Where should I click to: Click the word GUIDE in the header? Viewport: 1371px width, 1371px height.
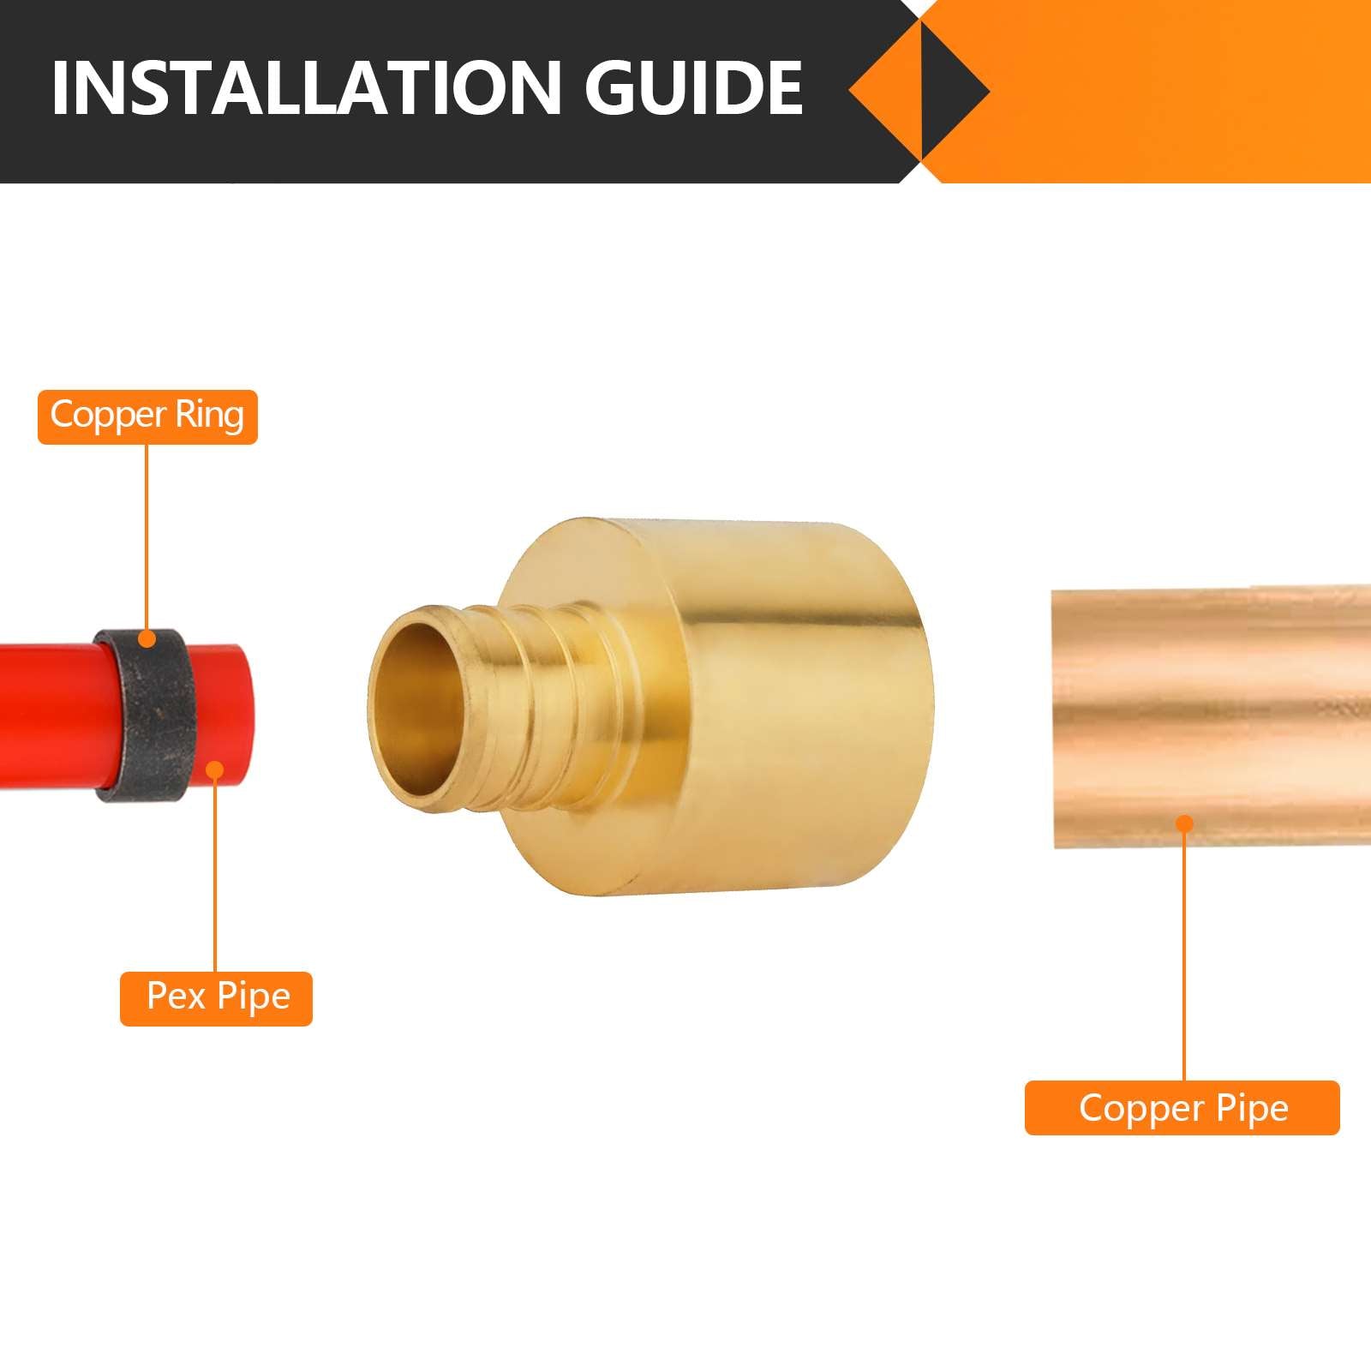click(x=693, y=87)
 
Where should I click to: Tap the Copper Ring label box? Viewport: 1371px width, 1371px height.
click(x=147, y=416)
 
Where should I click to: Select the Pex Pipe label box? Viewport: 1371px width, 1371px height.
click(x=216, y=998)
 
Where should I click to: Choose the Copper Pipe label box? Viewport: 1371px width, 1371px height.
click(x=1182, y=1108)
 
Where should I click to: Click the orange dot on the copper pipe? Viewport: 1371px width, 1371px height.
click(x=1184, y=824)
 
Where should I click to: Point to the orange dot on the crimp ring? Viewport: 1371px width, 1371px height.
click(x=147, y=638)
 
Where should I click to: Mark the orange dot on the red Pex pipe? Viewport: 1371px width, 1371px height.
click(x=216, y=770)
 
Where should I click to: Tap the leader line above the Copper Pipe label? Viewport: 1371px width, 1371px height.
click(x=1184, y=951)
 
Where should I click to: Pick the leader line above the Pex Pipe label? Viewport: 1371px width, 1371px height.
click(x=216, y=874)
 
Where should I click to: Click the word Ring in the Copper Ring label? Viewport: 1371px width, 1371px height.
click(x=209, y=416)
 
